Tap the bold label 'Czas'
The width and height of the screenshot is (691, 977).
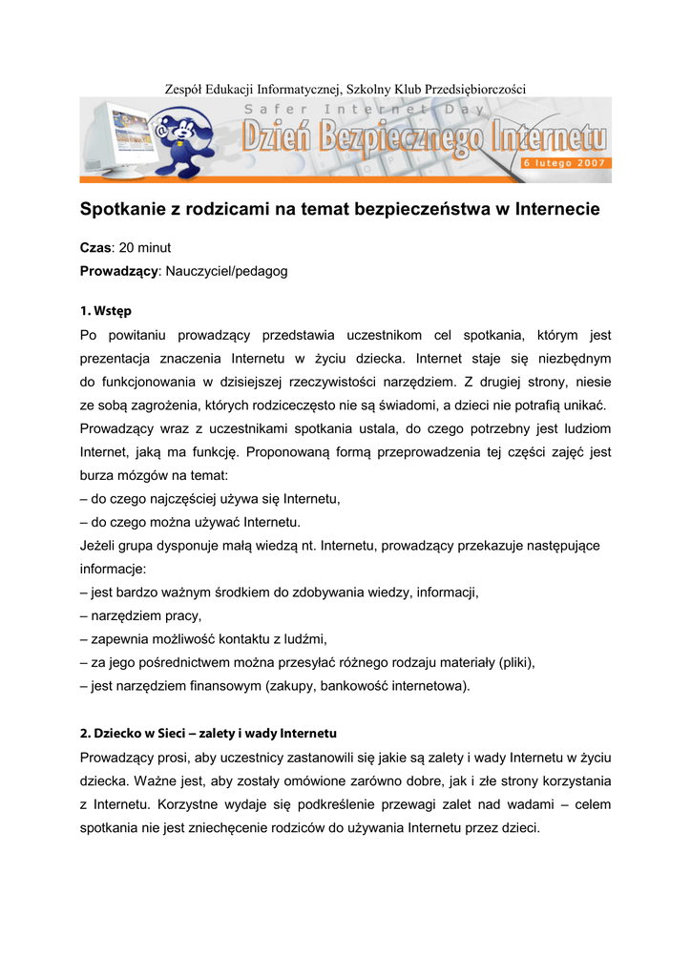click(95, 248)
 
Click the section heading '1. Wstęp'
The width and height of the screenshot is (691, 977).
click(106, 311)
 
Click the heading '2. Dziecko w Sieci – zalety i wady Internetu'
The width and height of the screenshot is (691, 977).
click(208, 734)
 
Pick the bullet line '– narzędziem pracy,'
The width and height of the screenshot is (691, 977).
click(141, 616)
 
